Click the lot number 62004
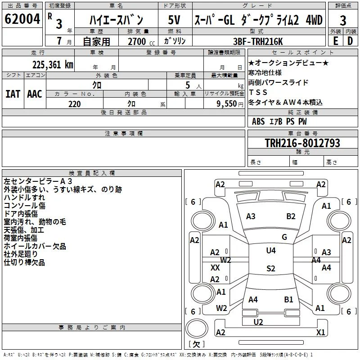(x=22, y=19)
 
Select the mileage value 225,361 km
(x=53, y=65)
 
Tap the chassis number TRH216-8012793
(x=302, y=143)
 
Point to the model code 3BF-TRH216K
(x=258, y=41)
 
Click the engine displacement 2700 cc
(x=141, y=41)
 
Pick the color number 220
(x=74, y=104)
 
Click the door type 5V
(x=174, y=20)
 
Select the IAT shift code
(x=13, y=94)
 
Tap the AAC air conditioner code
(x=35, y=94)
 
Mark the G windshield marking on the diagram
(x=284, y=237)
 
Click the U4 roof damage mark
(x=271, y=251)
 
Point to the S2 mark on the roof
(x=271, y=268)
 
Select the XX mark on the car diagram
(x=215, y=267)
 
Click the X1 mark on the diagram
(x=320, y=332)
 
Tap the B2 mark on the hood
(x=291, y=216)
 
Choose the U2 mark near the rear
(x=258, y=322)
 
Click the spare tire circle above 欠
(x=197, y=328)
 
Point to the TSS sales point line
(x=258, y=92)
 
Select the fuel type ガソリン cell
(x=175, y=41)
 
